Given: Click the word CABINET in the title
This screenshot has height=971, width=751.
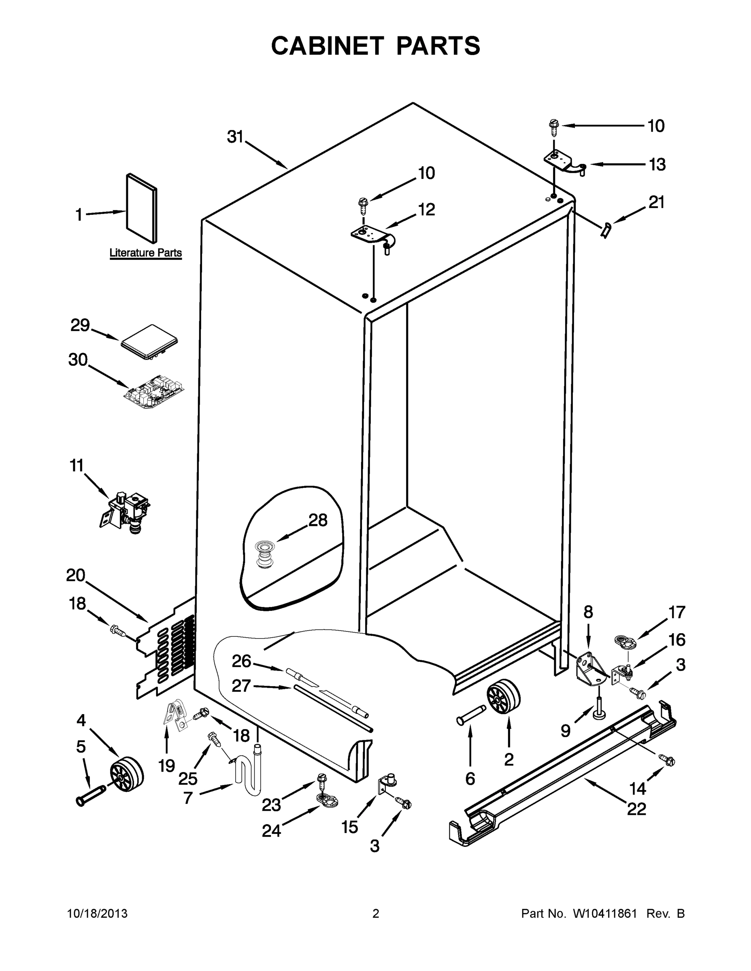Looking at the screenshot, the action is click(327, 46).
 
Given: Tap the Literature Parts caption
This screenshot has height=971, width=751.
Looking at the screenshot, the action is click(145, 253).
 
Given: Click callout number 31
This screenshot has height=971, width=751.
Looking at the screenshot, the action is click(235, 137).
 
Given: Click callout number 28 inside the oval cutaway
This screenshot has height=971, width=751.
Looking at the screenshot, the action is click(318, 520).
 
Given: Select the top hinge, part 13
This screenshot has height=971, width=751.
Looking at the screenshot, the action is click(563, 163).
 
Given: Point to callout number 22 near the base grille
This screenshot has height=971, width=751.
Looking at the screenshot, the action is click(636, 809).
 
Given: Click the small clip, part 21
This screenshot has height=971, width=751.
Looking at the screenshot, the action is click(606, 230).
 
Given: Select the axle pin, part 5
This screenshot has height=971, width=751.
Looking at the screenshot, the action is click(91, 795).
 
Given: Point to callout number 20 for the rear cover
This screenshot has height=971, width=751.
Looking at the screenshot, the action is click(75, 575).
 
